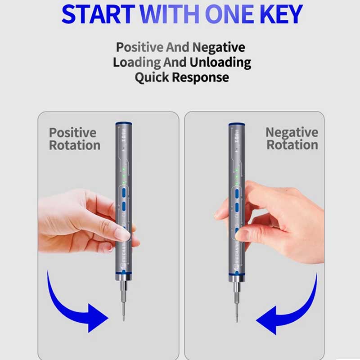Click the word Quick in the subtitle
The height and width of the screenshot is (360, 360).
click(152, 77)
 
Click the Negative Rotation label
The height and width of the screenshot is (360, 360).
click(292, 139)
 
